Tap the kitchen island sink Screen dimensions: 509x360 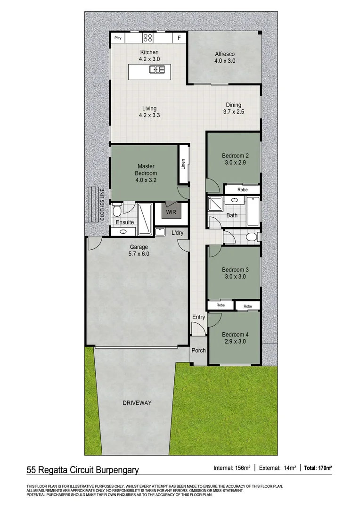(156, 70)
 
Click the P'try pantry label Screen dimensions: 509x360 (118, 37)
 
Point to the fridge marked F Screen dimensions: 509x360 (179, 38)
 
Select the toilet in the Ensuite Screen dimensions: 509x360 (117, 209)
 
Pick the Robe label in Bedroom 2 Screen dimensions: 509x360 (242, 189)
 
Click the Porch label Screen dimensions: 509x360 (198, 351)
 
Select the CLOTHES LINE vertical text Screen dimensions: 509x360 (101, 205)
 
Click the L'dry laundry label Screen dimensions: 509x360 (177, 232)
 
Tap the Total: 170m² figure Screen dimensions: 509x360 (318, 468)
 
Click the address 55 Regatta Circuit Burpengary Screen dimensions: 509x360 (82, 469)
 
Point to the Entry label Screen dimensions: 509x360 (198, 317)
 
